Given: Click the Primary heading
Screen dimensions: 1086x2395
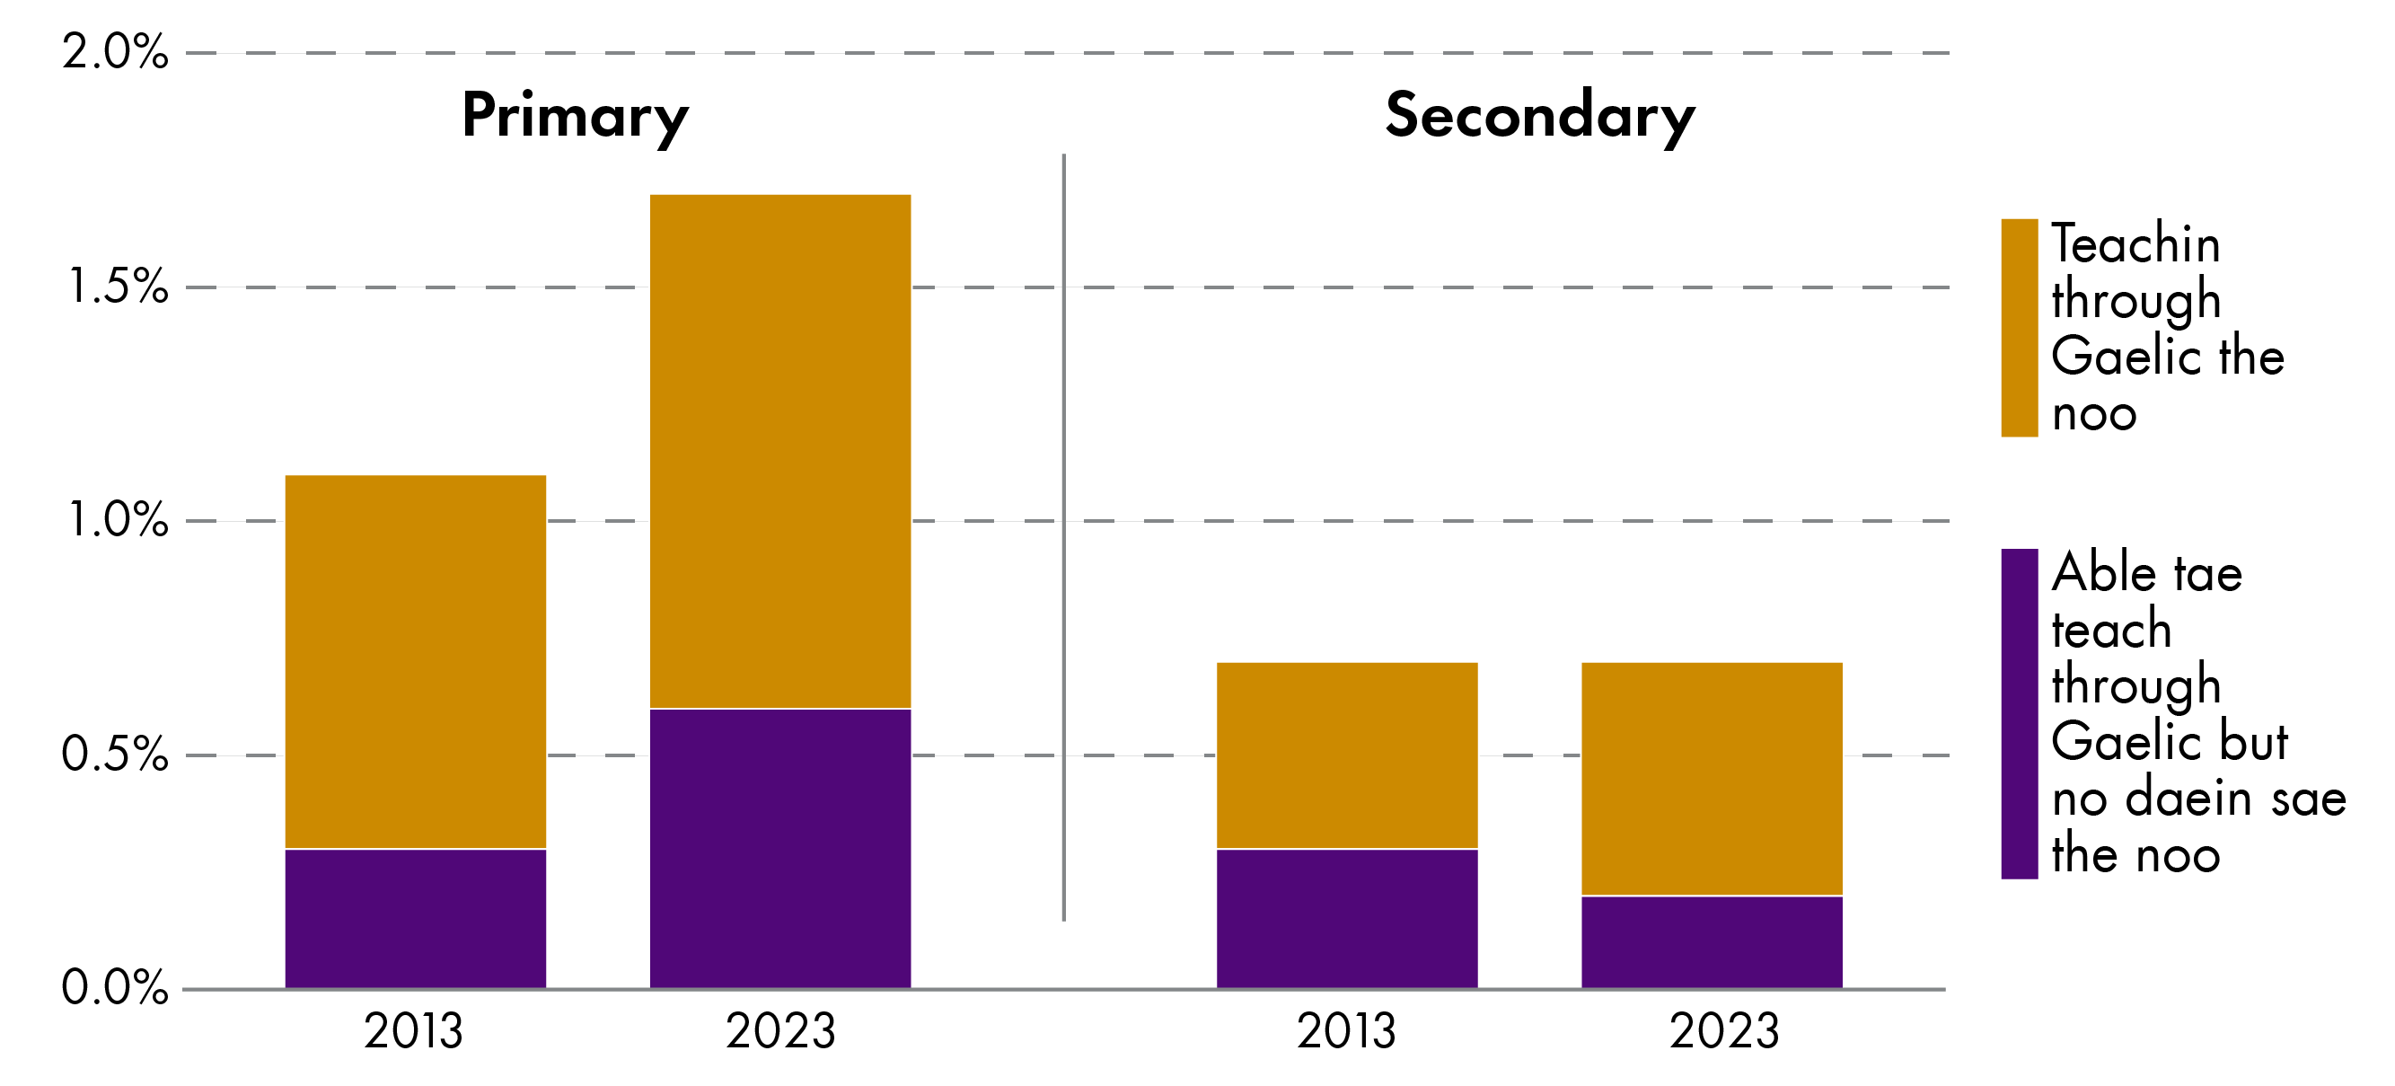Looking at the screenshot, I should click(575, 116).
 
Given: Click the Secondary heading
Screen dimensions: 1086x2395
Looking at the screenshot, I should click(1539, 116).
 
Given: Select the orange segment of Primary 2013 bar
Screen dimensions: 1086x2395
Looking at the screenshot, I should click(415, 661).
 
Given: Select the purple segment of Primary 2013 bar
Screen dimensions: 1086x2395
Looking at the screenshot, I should click(415, 918).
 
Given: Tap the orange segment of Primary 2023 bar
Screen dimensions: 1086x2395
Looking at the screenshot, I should click(779, 451).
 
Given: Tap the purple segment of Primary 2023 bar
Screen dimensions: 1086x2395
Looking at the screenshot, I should click(779, 848).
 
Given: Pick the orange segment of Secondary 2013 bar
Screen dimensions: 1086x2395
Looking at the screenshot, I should click(1346, 755).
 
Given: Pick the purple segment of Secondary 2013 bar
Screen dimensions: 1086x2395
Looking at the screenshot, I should click(1346, 918).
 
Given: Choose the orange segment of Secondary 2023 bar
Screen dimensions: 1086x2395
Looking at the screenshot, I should click(1711, 778).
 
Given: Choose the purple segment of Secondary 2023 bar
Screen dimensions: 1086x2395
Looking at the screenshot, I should click(1711, 941).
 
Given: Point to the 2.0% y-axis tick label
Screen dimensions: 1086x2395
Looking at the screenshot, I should click(115, 52).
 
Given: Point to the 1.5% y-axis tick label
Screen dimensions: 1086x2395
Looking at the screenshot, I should click(117, 287).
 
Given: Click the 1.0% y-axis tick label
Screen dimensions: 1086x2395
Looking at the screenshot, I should click(117, 520).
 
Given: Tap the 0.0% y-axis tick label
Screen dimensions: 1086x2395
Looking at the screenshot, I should click(115, 987).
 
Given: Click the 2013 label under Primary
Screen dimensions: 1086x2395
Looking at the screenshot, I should click(413, 1031).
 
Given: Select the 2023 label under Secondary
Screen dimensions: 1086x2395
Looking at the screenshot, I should click(1723, 1031).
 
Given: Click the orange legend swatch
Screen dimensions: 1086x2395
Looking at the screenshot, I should click(2019, 327).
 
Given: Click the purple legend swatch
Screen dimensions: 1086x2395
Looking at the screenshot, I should click(2019, 713).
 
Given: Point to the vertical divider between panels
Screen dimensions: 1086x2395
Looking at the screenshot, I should click(1063, 537).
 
